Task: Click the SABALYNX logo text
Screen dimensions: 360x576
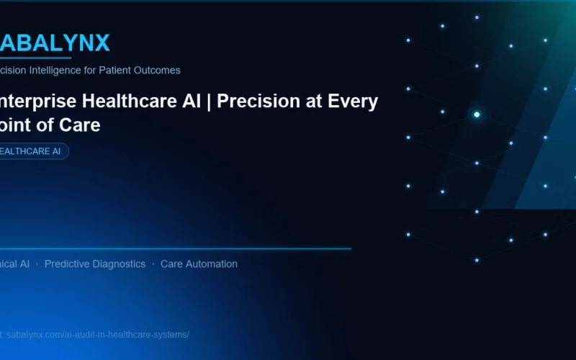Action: [54, 43]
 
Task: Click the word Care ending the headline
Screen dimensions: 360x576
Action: [81, 125]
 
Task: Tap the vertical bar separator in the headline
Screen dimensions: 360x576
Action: [209, 102]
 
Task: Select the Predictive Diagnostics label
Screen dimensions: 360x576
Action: [94, 264]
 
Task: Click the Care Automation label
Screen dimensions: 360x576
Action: [199, 264]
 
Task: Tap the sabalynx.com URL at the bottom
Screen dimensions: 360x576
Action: [97, 335]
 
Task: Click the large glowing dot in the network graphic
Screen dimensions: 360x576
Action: [477, 114]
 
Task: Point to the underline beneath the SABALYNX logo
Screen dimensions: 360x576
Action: [36, 58]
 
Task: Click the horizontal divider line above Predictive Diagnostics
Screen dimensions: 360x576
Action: [180, 249]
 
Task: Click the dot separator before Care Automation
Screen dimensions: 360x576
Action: [153, 264]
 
